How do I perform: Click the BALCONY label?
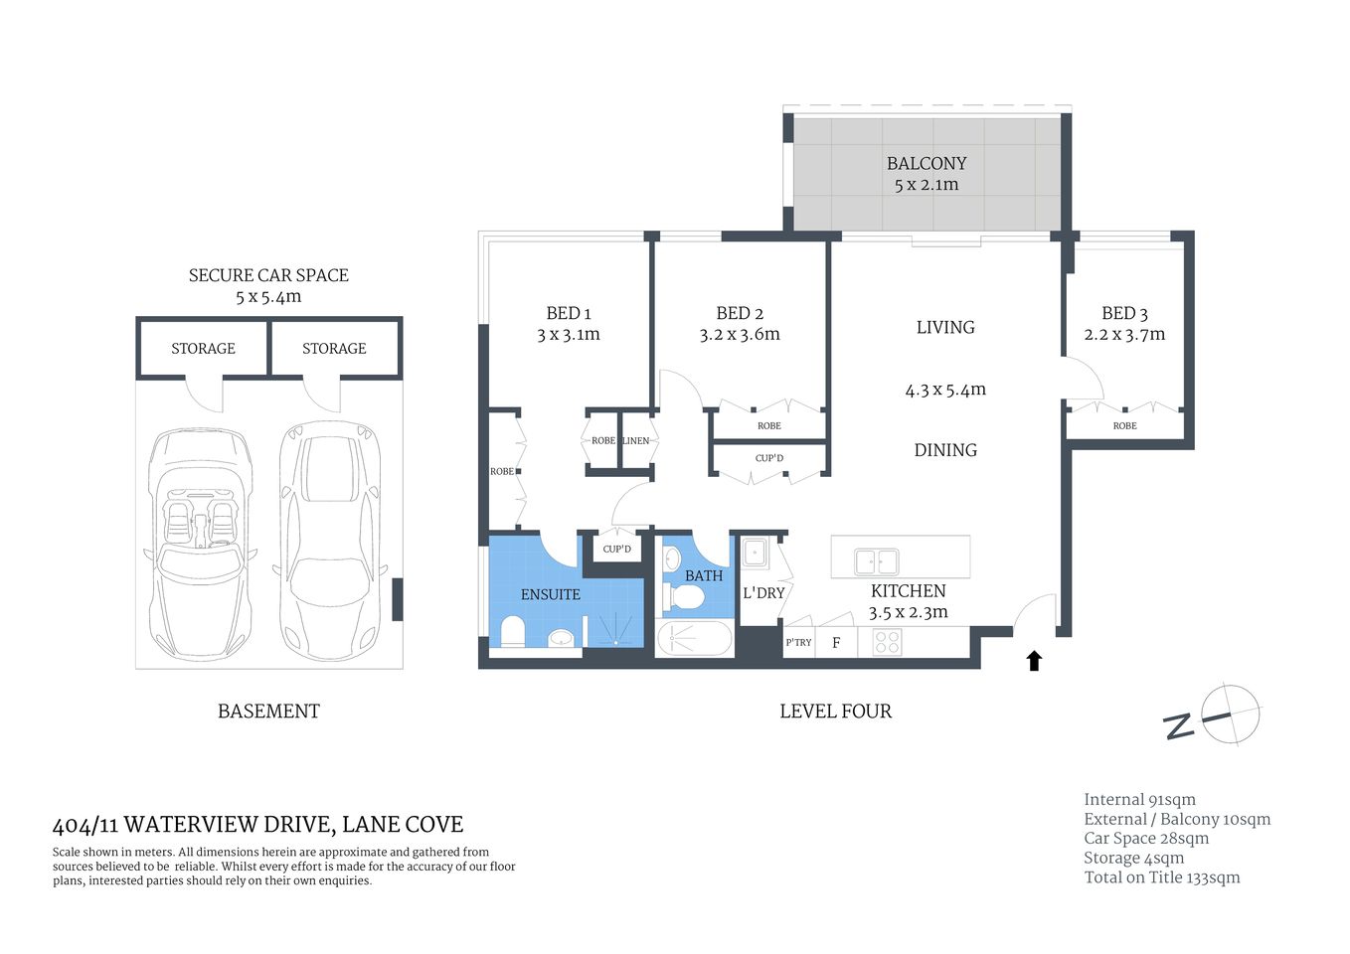(x=926, y=163)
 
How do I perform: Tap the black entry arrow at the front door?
(x=1034, y=661)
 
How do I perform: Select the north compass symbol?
(x=1230, y=714)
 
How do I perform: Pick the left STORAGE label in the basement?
(x=203, y=349)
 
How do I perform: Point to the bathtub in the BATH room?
(x=695, y=638)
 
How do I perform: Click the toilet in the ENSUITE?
(x=513, y=631)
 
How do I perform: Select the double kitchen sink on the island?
(x=876, y=562)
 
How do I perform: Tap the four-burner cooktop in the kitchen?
(x=887, y=642)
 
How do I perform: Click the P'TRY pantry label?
(x=798, y=643)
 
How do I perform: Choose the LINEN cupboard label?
(x=635, y=440)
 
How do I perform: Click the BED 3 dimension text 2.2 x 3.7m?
(x=1124, y=335)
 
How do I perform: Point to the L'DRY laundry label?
(x=763, y=593)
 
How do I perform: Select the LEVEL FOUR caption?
(x=835, y=712)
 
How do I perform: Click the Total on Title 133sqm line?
(x=1161, y=877)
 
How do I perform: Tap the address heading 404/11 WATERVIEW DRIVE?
(x=257, y=825)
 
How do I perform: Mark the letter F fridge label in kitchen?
(x=836, y=643)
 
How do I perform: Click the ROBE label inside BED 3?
(x=1124, y=425)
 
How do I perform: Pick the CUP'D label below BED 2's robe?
(x=768, y=458)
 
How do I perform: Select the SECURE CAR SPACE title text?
(x=268, y=275)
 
